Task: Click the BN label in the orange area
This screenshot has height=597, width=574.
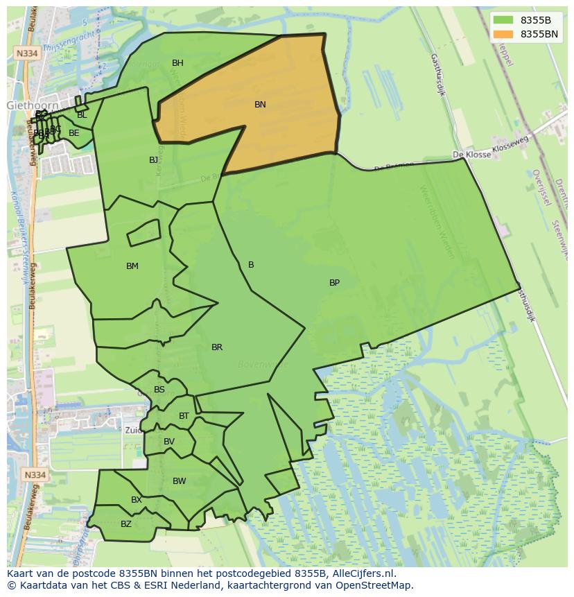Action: [x=260, y=105]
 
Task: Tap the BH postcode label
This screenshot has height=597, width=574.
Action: [x=177, y=63]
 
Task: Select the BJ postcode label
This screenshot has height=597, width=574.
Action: [x=153, y=160]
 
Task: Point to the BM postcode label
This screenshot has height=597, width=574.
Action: [x=132, y=266]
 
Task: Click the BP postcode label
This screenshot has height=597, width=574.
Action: [x=334, y=283]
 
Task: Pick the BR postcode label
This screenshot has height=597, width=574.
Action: [x=217, y=347]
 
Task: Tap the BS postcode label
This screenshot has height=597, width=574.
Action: [x=159, y=390]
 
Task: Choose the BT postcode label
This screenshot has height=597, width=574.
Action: [x=184, y=416]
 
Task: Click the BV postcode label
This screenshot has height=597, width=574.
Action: [x=169, y=442]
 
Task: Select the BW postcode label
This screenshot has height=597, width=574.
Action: [x=180, y=481]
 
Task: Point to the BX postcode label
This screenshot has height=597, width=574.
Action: [x=137, y=500]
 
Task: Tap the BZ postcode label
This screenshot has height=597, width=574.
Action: [x=126, y=524]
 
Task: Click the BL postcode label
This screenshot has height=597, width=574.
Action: [x=82, y=115]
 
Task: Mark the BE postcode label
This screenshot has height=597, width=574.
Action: [x=74, y=133]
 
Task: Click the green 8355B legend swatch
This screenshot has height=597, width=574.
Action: [x=504, y=20]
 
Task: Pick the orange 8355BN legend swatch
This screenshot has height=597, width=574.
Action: [x=504, y=34]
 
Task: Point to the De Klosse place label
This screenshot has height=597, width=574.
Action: [x=471, y=155]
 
